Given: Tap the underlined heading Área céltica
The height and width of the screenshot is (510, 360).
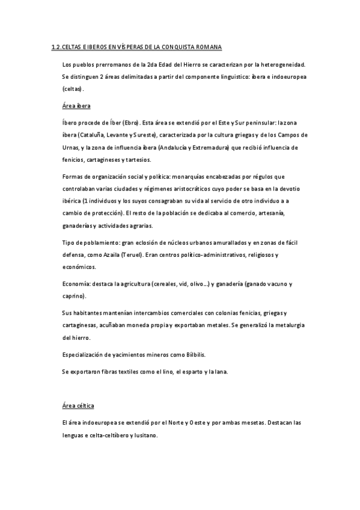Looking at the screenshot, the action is pyautogui.click(x=78, y=406).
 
